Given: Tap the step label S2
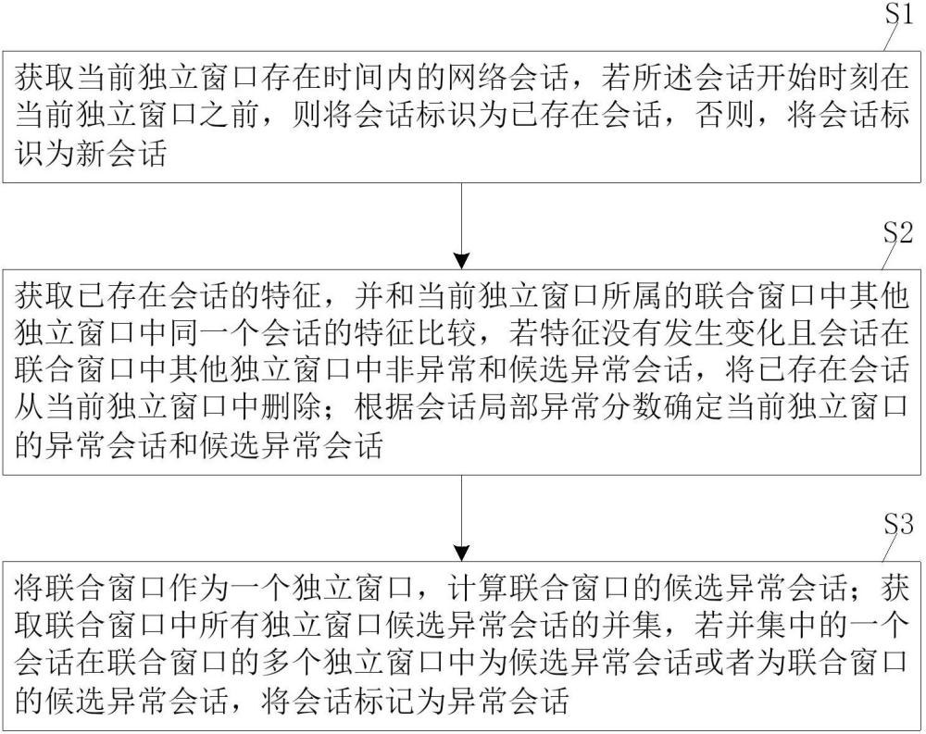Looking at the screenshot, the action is (x=898, y=232).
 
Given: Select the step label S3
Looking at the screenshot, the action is (x=898, y=524).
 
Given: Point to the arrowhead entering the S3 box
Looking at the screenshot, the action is (x=462, y=553).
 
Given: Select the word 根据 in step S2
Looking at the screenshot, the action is (x=385, y=408).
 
